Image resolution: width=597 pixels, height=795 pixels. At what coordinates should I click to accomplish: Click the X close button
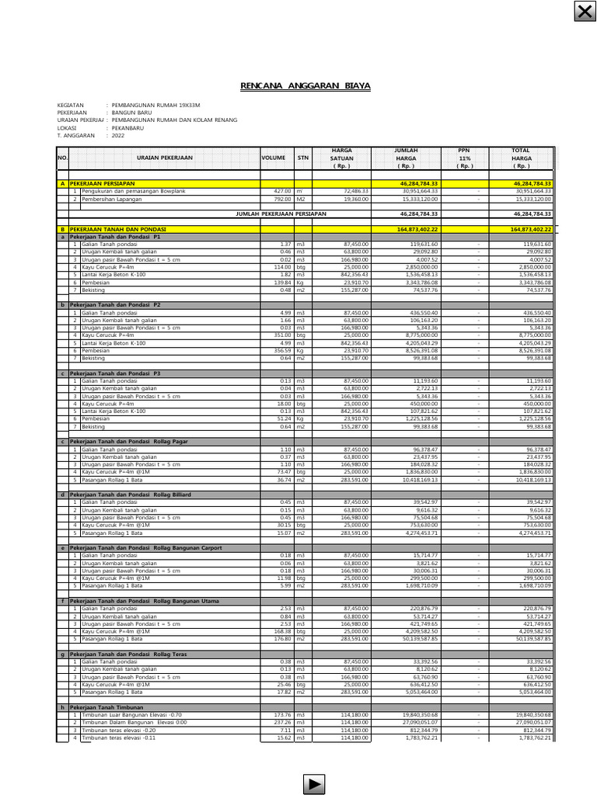[584, 12]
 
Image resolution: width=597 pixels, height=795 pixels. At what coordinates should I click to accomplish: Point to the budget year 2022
[118, 135]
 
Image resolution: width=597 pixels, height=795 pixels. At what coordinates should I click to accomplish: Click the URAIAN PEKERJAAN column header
[163, 158]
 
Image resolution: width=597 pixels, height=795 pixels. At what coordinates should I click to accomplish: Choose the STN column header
[302, 158]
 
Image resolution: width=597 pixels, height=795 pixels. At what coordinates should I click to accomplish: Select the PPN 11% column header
[464, 158]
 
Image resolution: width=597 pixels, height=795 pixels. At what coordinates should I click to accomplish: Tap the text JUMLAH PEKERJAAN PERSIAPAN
[281, 213]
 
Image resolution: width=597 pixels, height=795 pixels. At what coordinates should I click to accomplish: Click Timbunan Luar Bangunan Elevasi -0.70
[138, 715]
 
